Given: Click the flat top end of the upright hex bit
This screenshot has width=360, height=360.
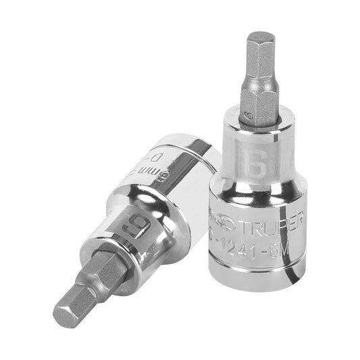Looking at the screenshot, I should (258, 34).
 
